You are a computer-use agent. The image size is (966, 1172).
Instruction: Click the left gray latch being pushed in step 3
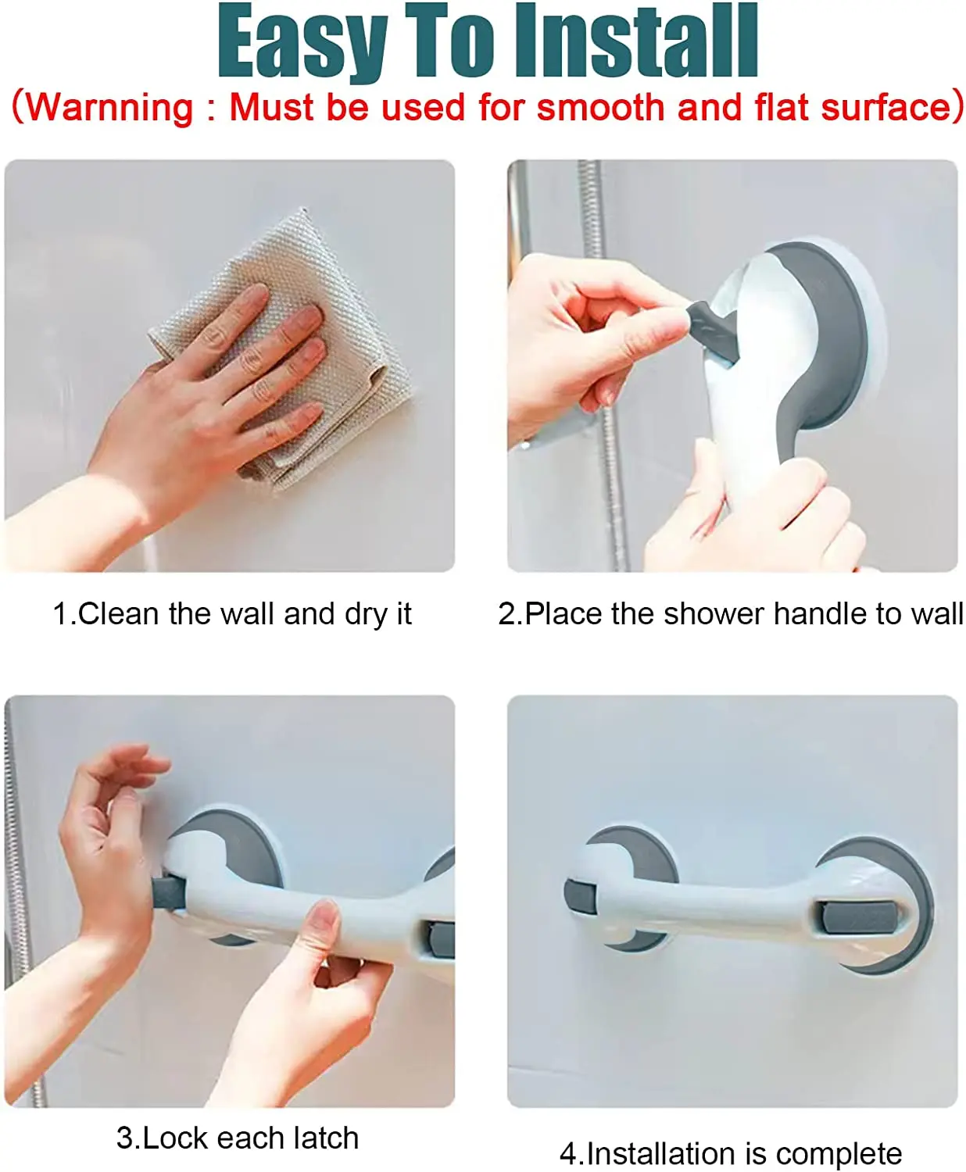click(169, 893)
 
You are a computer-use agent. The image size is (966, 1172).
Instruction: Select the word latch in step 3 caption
click(321, 1138)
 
